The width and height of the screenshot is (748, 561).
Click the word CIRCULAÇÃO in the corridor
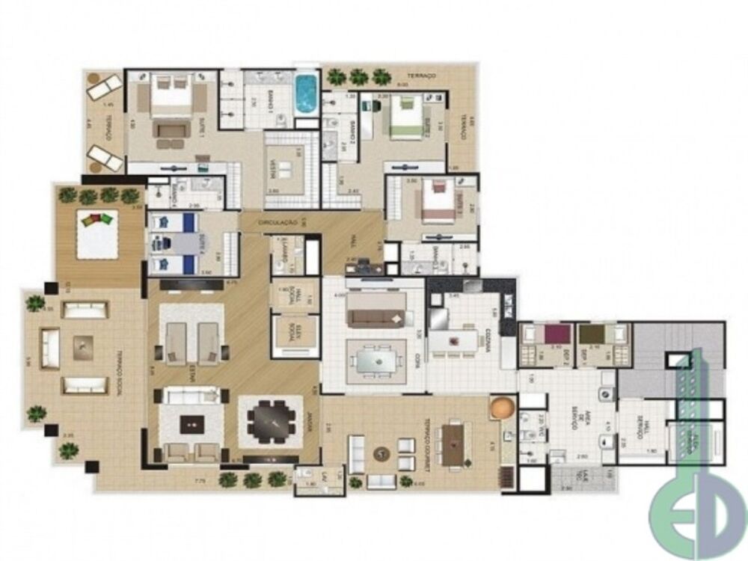(278, 223)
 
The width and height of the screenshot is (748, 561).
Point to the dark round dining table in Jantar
(270, 421)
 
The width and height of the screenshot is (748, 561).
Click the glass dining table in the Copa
(376, 361)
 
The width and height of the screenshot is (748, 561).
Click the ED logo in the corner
(696, 516)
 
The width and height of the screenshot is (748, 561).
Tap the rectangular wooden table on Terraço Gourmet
(454, 443)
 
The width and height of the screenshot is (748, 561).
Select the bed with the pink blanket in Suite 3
(431, 202)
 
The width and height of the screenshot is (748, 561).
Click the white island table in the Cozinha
(458, 341)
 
